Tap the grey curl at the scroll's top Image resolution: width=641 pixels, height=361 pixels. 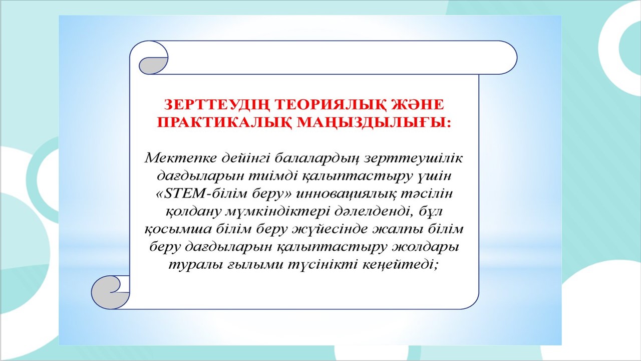click(x=152, y=66)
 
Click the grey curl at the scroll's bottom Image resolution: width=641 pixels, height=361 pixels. click(x=106, y=294)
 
